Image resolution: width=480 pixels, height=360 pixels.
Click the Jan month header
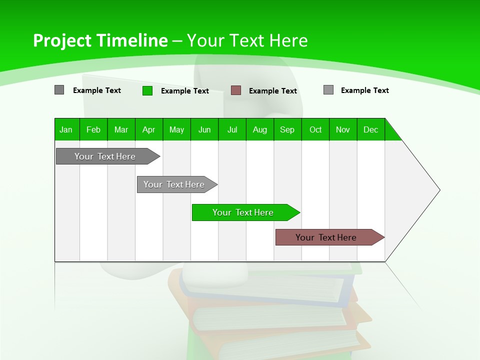(66, 129)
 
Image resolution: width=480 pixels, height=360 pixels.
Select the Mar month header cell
(121, 129)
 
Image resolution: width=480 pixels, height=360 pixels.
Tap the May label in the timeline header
(176, 129)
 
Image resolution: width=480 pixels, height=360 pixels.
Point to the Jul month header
(232, 129)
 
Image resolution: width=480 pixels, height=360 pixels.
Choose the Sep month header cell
(287, 129)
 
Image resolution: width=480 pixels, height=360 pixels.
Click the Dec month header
(370, 129)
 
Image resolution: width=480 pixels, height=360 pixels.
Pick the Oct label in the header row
(315, 129)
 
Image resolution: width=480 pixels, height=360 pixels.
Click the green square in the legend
(147, 90)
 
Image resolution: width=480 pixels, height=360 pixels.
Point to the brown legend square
(236, 90)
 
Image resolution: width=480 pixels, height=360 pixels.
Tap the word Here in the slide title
(288, 40)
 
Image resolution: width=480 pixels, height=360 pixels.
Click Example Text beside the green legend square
(185, 91)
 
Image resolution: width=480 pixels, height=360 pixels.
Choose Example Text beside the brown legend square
(273, 91)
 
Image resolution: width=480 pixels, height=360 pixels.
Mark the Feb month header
(93, 129)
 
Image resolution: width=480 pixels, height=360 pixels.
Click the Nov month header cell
(343, 129)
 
